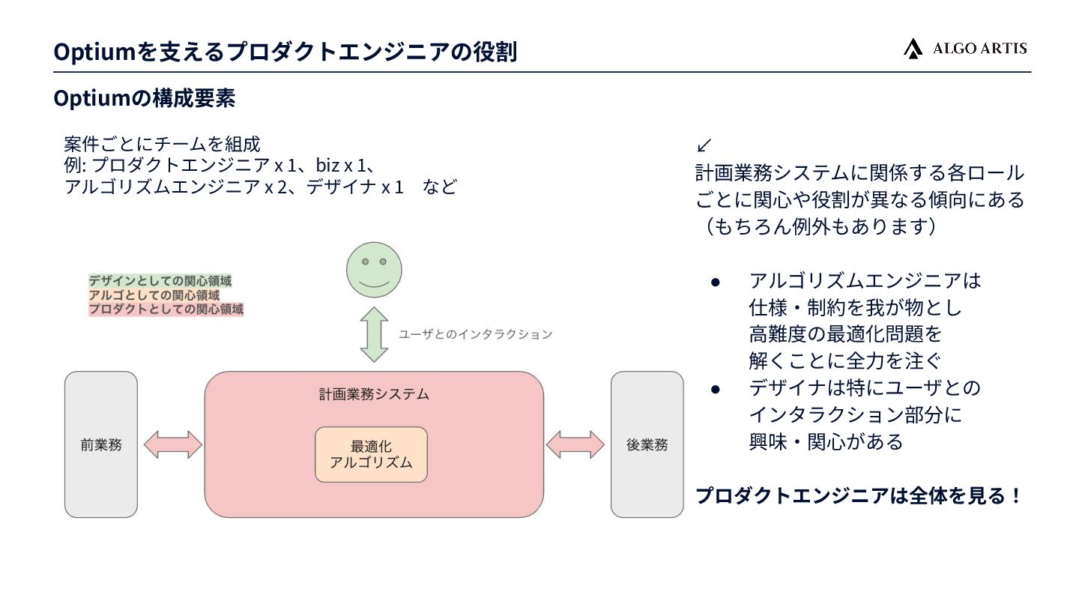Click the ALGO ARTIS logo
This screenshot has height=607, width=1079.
tap(965, 49)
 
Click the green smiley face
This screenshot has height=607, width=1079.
tap(374, 270)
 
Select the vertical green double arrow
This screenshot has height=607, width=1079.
tap(374, 334)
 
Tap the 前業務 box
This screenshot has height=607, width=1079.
tap(101, 444)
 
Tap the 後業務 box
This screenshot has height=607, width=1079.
tap(647, 444)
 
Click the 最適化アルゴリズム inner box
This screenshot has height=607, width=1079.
tap(371, 454)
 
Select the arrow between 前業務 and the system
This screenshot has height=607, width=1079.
tap(172, 444)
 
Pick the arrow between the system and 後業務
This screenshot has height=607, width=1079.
tap(575, 444)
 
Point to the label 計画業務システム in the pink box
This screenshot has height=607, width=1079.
tap(374, 394)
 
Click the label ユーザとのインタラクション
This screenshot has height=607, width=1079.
tap(475, 334)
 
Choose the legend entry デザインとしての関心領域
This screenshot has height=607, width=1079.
tap(160, 281)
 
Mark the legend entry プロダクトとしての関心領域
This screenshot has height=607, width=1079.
tap(166, 308)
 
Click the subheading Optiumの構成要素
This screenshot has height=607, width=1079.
tap(145, 98)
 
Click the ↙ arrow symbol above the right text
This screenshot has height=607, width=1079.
tap(704, 145)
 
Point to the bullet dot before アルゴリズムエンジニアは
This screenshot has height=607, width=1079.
tap(716, 282)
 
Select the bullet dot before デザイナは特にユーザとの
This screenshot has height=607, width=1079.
tap(716, 389)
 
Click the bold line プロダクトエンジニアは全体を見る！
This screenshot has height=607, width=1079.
tap(859, 496)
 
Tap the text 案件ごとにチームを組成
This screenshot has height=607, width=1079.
tap(162, 144)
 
